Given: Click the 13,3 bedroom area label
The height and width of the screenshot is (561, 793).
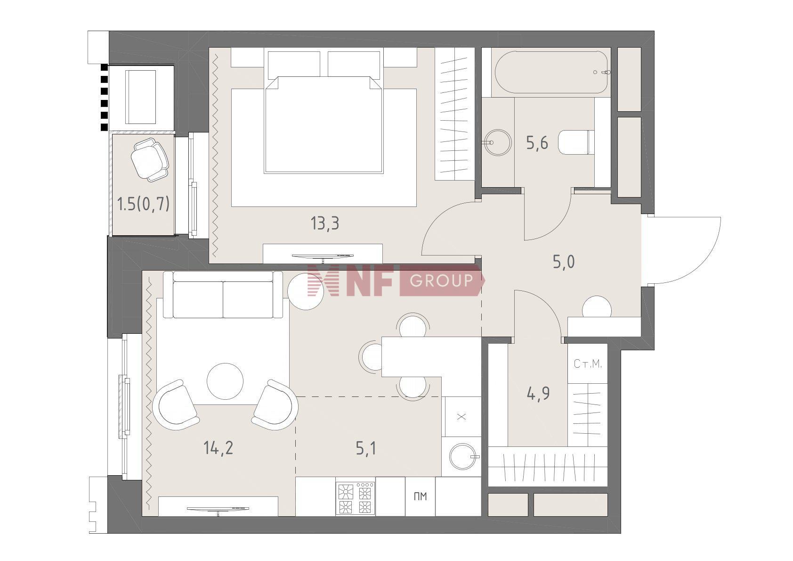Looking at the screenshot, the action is (x=324, y=223).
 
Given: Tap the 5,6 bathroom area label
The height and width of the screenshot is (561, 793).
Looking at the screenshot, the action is (x=537, y=143).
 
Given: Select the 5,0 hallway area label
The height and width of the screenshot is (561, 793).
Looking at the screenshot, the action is (x=564, y=262).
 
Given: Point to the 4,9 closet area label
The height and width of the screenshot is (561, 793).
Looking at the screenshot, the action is (x=538, y=393).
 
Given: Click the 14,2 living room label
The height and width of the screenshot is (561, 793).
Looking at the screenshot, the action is (x=218, y=448).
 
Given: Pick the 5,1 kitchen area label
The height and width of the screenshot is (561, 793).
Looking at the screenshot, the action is (x=366, y=448).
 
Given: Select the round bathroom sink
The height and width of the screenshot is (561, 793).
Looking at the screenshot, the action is (x=497, y=143).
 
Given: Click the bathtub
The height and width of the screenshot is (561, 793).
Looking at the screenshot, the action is (x=551, y=72).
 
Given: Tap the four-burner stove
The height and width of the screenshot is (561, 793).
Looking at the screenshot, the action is (x=355, y=498).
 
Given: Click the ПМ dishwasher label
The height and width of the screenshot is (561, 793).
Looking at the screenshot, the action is (x=420, y=496).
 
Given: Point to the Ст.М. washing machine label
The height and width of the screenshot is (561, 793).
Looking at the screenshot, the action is (x=588, y=364).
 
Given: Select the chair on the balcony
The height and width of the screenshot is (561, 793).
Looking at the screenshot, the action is (x=149, y=159).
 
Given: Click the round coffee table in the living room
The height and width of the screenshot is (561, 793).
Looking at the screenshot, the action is (x=225, y=381).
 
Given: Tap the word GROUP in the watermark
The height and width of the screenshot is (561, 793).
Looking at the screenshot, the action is (x=441, y=280).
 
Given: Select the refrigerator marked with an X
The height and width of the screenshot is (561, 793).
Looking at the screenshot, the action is (x=461, y=417).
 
